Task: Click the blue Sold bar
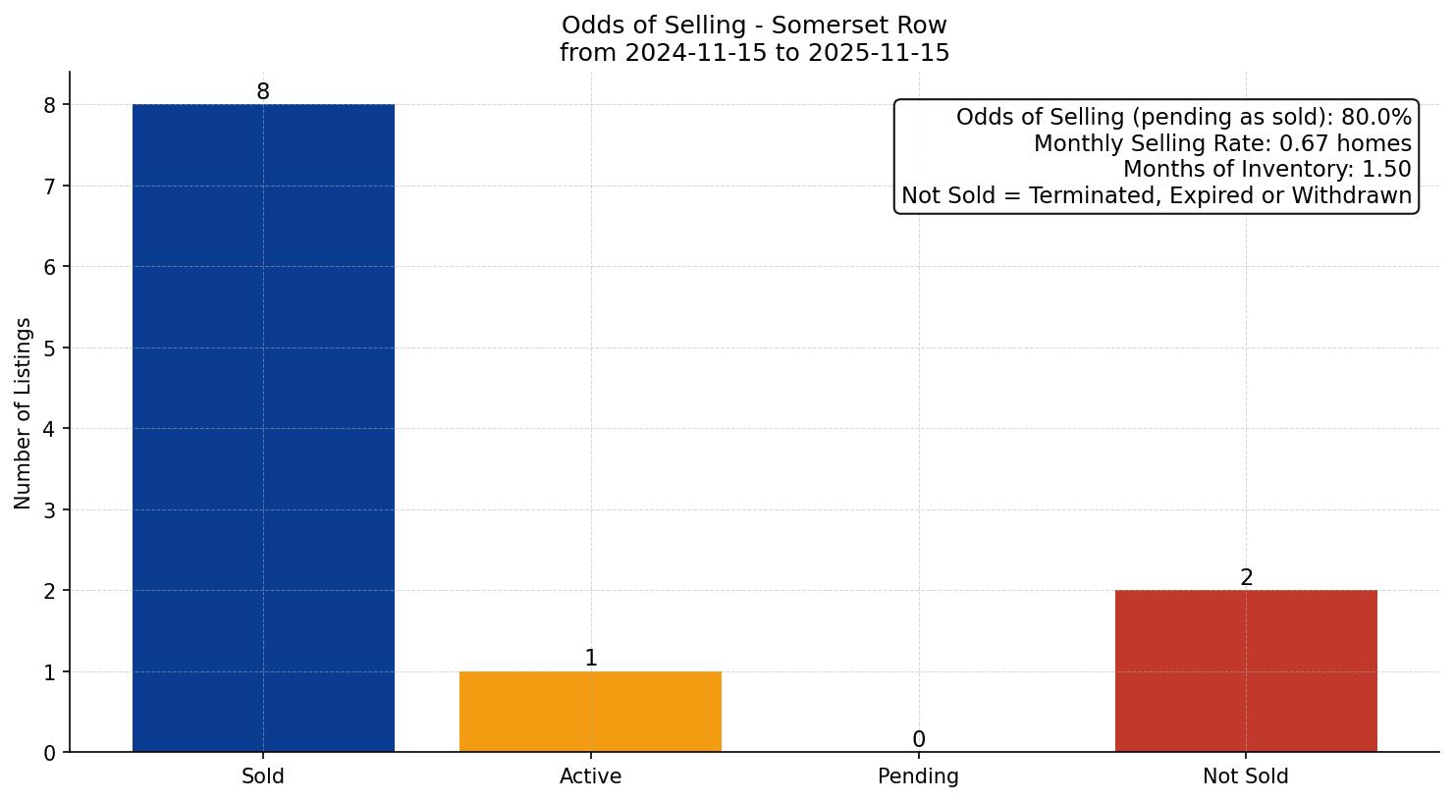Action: click(x=263, y=428)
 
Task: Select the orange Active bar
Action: click(x=590, y=712)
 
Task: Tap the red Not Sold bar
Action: click(x=1246, y=670)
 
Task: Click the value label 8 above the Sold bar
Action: click(x=263, y=92)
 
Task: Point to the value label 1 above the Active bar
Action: click(x=590, y=659)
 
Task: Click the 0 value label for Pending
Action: click(x=918, y=740)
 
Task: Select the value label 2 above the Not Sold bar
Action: click(x=1246, y=578)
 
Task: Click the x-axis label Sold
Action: click(x=263, y=776)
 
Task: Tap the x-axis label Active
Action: click(x=590, y=776)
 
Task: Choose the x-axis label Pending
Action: click(x=918, y=776)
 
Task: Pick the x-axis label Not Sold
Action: click(x=1245, y=776)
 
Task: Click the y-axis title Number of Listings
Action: click(x=24, y=412)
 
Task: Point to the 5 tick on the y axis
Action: click(x=50, y=347)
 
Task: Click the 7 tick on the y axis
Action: click(x=50, y=186)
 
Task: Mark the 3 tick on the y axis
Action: click(x=50, y=509)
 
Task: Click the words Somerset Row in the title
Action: click(x=859, y=26)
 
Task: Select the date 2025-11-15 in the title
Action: click(x=879, y=53)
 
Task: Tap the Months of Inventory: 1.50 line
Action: click(x=1266, y=170)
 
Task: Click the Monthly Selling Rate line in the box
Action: click(x=1222, y=144)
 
